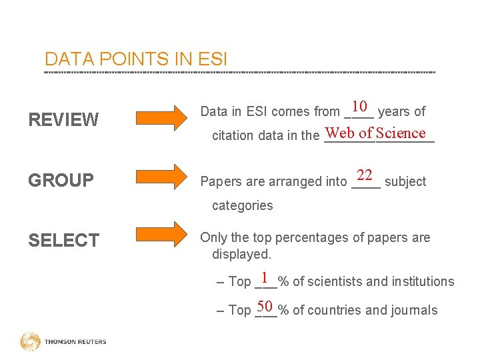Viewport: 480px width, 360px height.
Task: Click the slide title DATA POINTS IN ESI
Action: tap(135, 59)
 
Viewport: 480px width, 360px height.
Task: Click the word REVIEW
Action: tap(63, 120)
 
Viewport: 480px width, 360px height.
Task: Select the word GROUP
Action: tap(61, 181)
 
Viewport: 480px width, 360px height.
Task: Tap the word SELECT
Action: tap(63, 240)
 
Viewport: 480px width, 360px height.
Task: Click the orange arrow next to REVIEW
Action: tap(163, 118)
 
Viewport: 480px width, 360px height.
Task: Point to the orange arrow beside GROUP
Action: tap(163, 178)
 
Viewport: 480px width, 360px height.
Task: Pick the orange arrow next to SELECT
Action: tap(163, 235)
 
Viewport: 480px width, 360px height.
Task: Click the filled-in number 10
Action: tap(360, 107)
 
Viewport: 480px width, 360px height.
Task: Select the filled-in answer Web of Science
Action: tap(376, 133)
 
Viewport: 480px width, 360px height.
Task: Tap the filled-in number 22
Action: tap(364, 175)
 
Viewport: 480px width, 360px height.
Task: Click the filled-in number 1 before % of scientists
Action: tap(265, 277)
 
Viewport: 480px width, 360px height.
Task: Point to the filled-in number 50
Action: tap(265, 307)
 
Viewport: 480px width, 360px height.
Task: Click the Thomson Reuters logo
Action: tap(63, 341)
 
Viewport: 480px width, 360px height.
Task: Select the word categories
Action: tap(242, 205)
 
